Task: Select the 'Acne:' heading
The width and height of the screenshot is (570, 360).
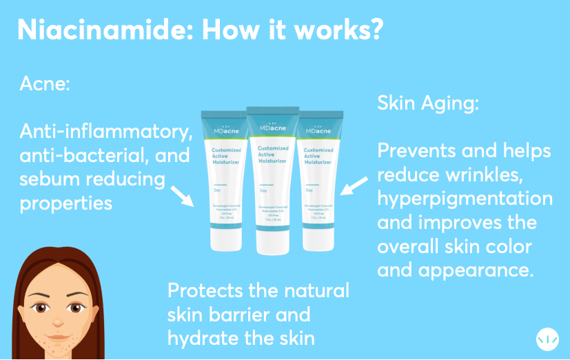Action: pos(45,86)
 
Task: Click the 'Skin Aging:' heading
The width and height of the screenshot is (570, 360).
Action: pos(428,103)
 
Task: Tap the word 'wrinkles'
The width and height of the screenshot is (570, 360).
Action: pos(482,174)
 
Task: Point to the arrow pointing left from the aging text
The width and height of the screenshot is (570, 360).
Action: pos(354,184)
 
